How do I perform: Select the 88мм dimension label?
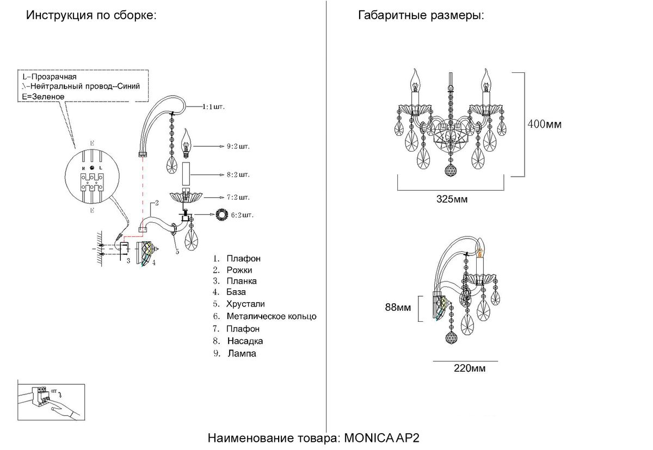[398, 307]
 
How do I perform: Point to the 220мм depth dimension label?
[470, 368]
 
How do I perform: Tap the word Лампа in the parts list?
[241, 354]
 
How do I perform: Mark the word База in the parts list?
[236, 292]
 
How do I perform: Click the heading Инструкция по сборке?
[91, 15]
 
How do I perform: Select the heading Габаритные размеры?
[421, 15]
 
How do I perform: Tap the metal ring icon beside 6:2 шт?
[222, 215]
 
